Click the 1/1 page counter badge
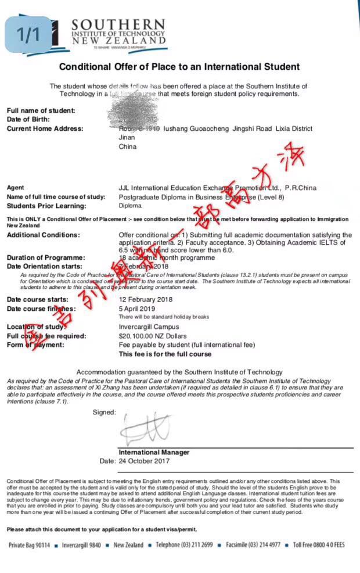[28, 34]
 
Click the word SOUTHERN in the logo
[118, 25]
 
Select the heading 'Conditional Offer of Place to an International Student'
[179, 67]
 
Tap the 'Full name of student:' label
[41, 110]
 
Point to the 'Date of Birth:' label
[29, 119]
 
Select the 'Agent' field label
[15, 188]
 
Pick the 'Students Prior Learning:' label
[46, 206]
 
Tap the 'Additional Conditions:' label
[43, 235]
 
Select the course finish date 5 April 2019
[138, 309]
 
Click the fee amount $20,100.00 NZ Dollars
[153, 336]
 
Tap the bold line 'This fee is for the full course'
[165, 354]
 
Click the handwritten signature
[145, 429]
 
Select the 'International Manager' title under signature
[154, 452]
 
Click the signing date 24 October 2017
[144, 461]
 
